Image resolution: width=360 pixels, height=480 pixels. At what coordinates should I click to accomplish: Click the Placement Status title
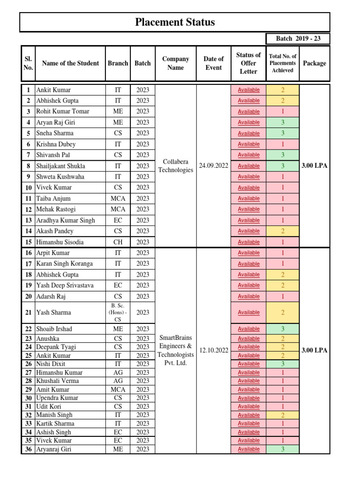click(x=175, y=22)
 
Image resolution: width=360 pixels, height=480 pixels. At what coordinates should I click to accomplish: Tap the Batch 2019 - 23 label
click(x=298, y=38)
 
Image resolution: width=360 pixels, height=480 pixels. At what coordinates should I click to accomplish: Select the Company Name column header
click(x=175, y=63)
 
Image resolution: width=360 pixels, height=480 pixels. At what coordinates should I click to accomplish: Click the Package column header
click(x=314, y=63)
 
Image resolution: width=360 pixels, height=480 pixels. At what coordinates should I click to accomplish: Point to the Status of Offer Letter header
click(x=248, y=63)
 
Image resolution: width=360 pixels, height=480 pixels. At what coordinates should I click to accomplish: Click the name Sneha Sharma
click(x=55, y=133)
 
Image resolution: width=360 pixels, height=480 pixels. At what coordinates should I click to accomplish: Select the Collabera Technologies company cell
click(x=175, y=165)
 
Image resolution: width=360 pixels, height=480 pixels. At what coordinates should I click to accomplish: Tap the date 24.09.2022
click(x=213, y=166)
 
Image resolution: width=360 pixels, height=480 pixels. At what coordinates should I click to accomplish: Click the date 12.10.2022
click(x=213, y=351)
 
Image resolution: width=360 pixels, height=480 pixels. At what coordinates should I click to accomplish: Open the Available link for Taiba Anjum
click(x=248, y=199)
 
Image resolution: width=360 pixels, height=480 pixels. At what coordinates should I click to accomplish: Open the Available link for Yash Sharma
click(x=248, y=313)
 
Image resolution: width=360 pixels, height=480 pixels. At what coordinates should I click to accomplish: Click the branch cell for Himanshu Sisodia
click(x=118, y=242)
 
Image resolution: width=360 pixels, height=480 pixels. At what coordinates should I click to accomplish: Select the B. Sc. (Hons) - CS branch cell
click(x=118, y=313)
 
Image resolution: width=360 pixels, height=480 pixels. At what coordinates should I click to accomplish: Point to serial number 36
click(x=28, y=449)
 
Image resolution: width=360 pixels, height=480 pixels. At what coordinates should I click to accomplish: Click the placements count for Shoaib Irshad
click(x=283, y=329)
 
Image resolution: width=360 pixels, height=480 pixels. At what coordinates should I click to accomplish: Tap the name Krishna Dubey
click(x=56, y=144)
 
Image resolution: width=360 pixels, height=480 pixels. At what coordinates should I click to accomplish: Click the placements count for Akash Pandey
click(x=283, y=231)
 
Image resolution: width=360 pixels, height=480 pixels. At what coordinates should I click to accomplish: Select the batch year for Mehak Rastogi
click(x=142, y=210)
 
